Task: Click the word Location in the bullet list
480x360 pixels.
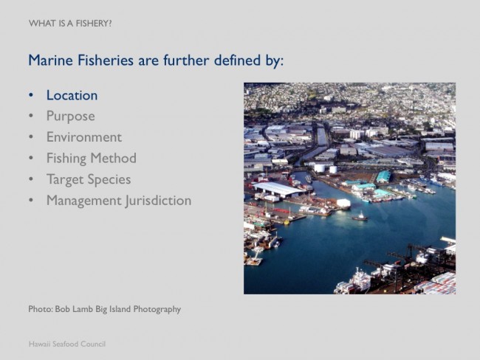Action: [72, 95]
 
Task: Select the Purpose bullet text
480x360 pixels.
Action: [71, 117]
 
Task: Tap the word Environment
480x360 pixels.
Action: [84, 137]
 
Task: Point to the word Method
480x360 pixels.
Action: [114, 158]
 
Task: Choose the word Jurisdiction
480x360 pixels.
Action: [159, 201]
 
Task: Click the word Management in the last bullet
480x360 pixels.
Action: [84, 201]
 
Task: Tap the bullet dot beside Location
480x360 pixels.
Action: [30, 95]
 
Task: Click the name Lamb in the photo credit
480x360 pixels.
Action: [83, 309]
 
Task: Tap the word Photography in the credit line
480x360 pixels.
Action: [157, 310]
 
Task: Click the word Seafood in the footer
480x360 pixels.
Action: [65, 344]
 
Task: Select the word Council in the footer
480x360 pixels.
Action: [93, 344]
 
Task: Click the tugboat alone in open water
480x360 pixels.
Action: [360, 217]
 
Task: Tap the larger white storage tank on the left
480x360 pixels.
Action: [319, 168]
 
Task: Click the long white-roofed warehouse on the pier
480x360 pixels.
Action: [278, 189]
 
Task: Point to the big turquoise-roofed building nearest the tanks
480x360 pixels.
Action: [383, 176]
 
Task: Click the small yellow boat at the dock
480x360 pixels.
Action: [287, 222]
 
